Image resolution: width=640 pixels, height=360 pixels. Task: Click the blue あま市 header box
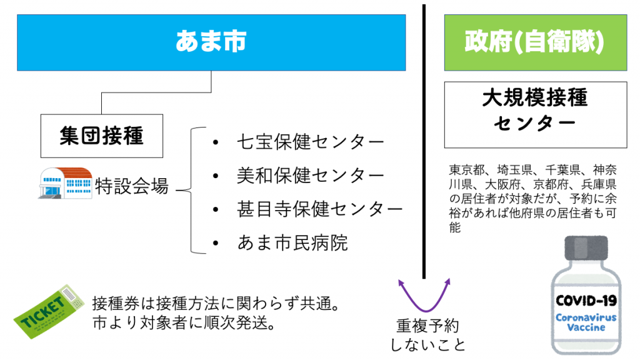coord(211,42)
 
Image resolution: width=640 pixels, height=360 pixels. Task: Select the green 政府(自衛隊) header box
coord(536,42)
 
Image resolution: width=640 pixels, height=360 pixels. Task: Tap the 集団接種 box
coord(102,136)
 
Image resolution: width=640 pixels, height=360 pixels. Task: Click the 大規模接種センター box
coord(536,115)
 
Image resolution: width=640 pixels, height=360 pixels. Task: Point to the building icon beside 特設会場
coord(65,183)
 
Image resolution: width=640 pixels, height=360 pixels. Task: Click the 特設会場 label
coord(131,186)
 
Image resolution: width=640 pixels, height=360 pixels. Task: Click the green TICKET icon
coord(49,311)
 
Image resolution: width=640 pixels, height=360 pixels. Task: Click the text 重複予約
coord(427,326)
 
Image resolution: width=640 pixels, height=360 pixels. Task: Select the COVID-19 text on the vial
coord(586,301)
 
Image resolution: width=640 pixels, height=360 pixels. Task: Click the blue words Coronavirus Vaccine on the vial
coord(586,322)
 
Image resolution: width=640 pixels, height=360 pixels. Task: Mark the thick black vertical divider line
coord(424,141)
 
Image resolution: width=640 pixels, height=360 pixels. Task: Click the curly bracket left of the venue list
coord(191,190)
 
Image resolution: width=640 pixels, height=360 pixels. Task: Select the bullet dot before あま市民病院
coord(216,243)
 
